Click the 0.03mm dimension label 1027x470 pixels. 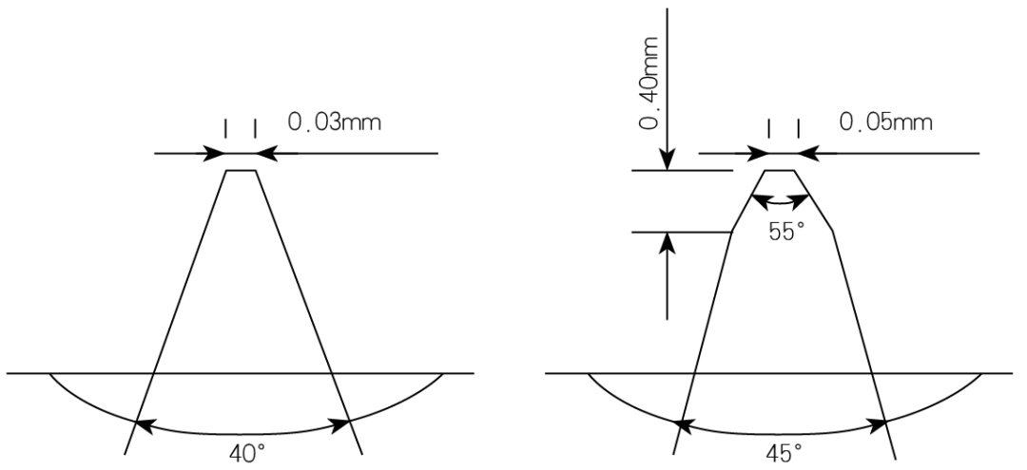point(334,122)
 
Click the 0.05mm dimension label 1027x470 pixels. point(885,122)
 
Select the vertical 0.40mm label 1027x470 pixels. point(649,85)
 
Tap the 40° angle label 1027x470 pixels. point(246,453)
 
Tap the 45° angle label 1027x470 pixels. point(784,453)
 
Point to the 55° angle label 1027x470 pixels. point(786,232)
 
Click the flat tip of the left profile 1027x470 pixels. point(241,171)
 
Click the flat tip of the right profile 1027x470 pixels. point(780,171)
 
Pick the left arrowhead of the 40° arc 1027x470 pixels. point(144,426)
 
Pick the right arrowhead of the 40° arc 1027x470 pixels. point(340,426)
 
